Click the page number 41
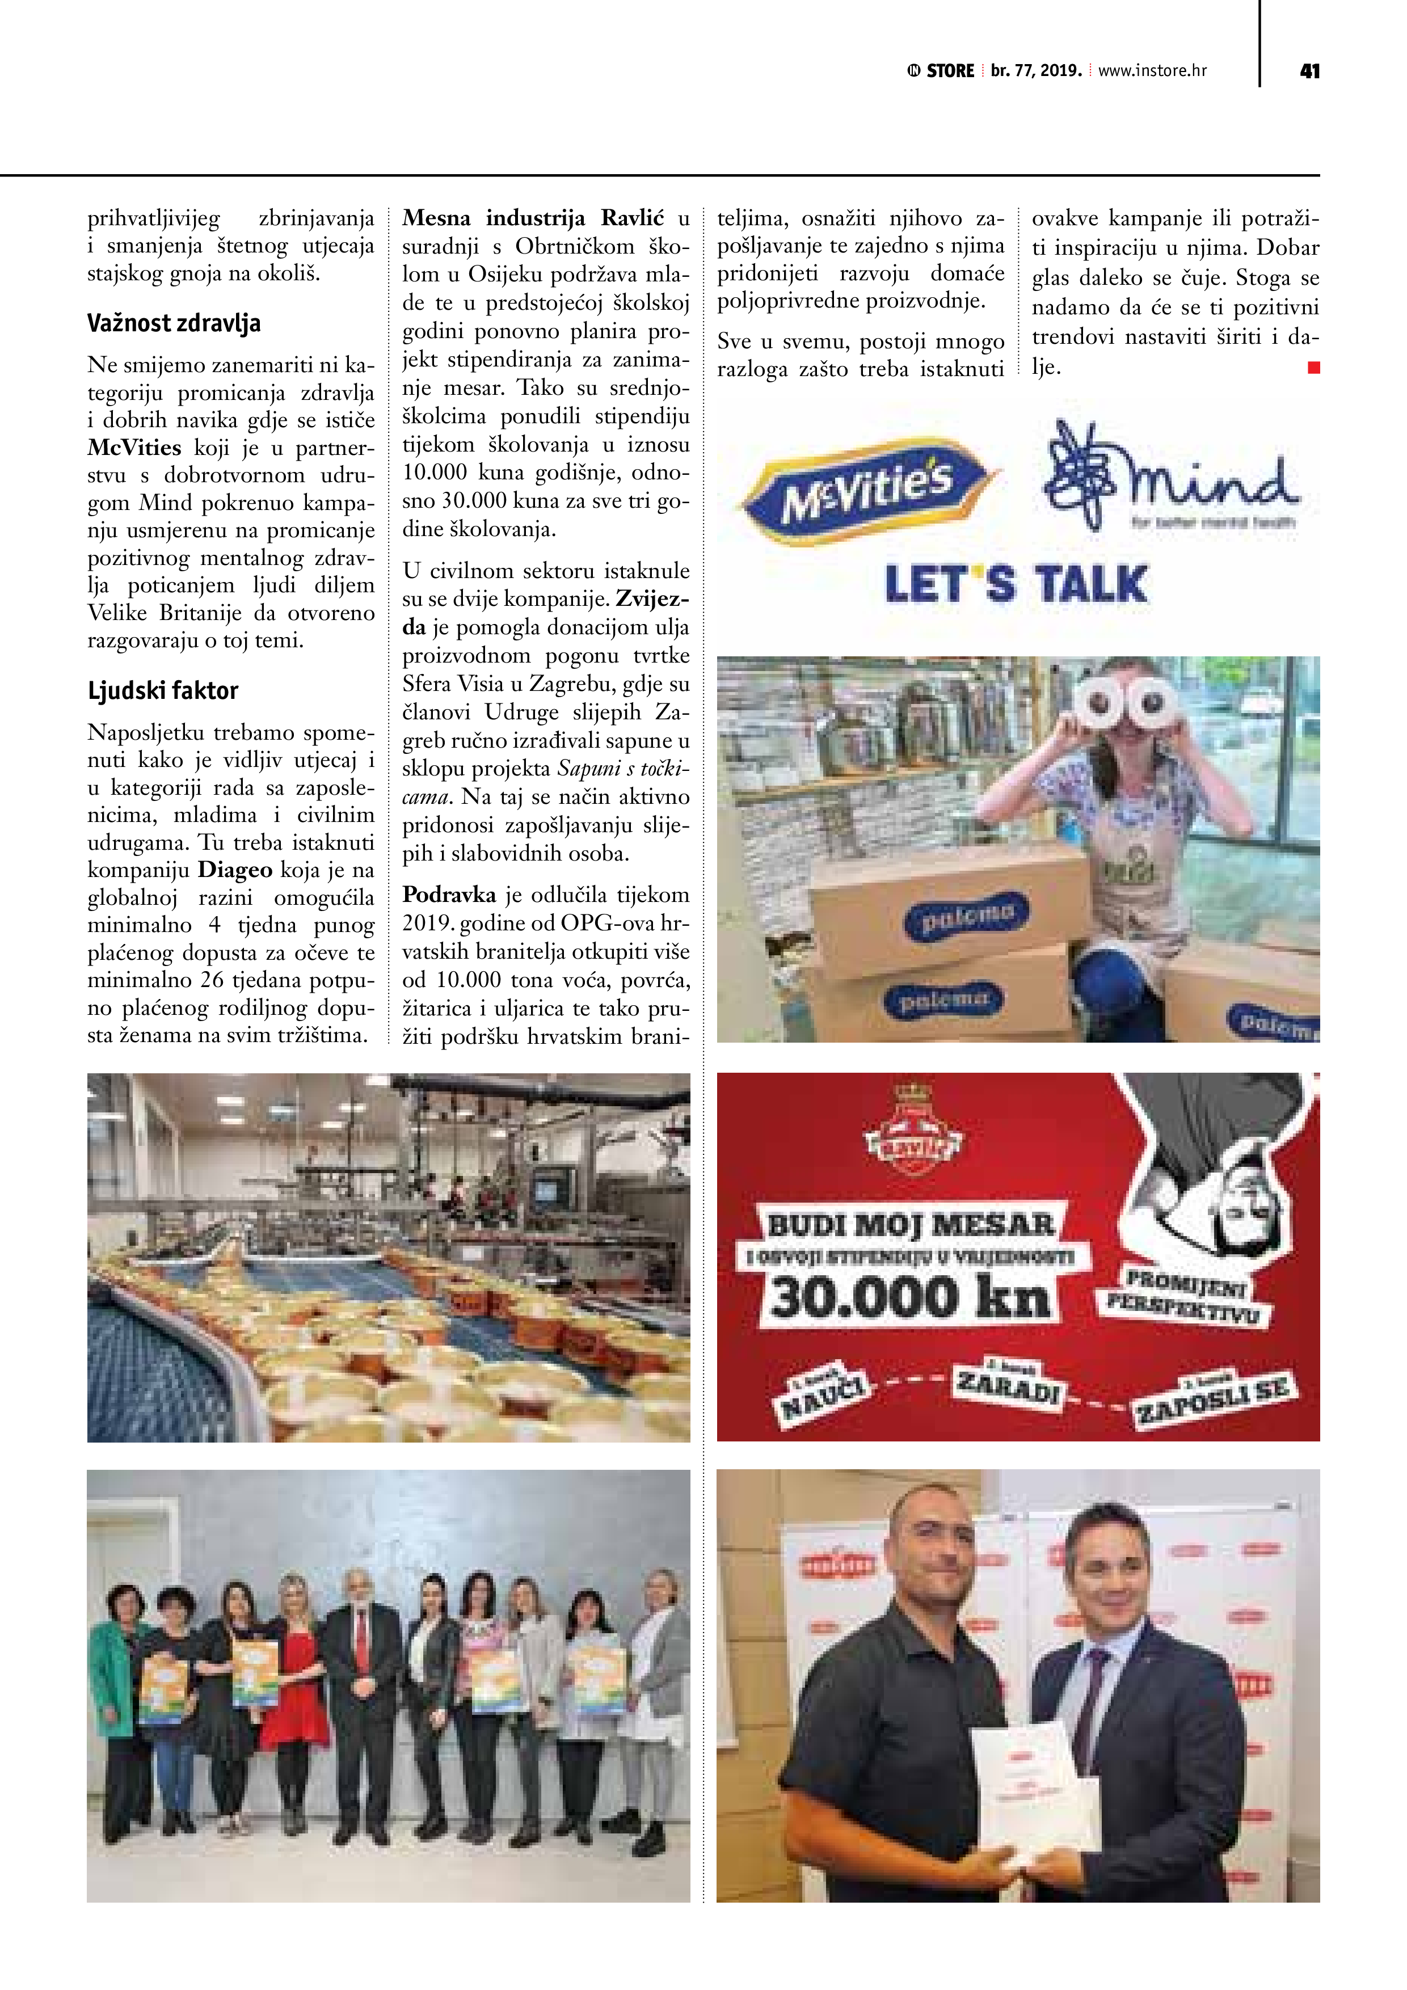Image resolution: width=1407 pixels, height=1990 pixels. coord(1309,71)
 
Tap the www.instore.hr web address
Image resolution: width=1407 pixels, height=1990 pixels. coord(1152,71)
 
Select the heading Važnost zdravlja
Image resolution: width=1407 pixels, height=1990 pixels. coord(174,323)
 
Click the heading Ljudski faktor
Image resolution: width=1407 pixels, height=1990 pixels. coord(162,691)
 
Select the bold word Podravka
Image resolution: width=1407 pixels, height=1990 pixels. coord(449,895)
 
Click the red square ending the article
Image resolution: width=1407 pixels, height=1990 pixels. coord(1313,368)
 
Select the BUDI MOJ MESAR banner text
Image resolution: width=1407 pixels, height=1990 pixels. coord(910,1225)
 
